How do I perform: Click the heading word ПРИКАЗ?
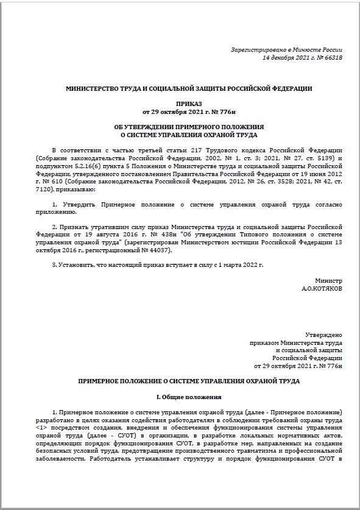tap(189, 105)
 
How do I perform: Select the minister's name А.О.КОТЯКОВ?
tap(322, 289)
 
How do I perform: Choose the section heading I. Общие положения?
tap(189, 397)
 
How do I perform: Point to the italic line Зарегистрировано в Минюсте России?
tap(286, 49)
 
